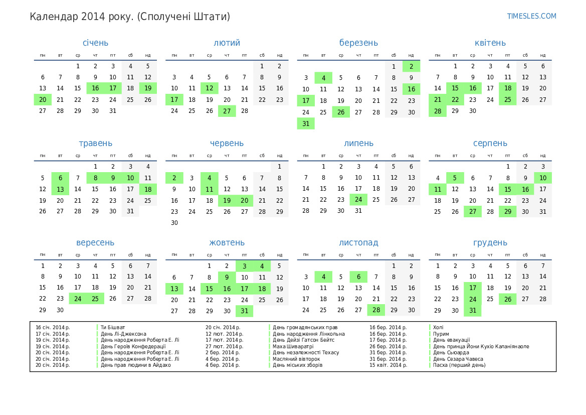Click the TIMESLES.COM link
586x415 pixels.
coord(531,16)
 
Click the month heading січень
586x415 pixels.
coord(95,43)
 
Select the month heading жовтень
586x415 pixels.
coord(227,242)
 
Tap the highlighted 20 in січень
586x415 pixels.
coord(43,99)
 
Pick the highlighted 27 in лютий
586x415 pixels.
coord(227,111)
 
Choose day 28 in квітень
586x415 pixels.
coord(438,111)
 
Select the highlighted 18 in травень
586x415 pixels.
coord(148,189)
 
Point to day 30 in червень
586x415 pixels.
coord(174,223)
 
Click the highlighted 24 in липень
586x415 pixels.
coord(358,200)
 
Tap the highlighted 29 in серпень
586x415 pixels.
coord(508,211)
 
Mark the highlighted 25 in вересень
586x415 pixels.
coord(95,299)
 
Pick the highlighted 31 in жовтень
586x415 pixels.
coord(245,311)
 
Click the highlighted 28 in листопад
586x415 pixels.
coord(376,310)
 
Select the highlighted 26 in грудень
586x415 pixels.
coord(508,299)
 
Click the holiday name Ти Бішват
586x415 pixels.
coord(113,327)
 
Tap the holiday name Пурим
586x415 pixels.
coord(441,334)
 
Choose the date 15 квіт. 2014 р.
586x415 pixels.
coord(388,365)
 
